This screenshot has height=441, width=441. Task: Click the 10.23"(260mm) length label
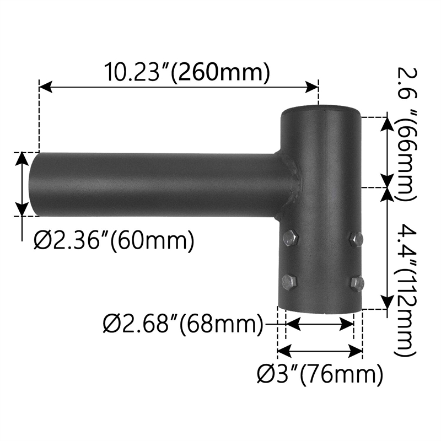tap(187, 72)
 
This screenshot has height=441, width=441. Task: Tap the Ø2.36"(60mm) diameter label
tap(114, 240)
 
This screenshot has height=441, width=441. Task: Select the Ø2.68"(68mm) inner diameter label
tap(183, 324)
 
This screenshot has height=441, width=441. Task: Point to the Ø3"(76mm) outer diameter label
tap(320, 374)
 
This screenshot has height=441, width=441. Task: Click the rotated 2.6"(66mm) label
tap(406, 135)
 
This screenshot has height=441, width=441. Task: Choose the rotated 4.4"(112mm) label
tap(406, 290)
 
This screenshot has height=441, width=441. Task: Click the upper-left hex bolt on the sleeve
tap(291, 239)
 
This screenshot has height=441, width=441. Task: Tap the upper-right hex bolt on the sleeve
tap(356, 239)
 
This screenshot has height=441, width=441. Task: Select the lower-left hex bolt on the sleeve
tap(289, 282)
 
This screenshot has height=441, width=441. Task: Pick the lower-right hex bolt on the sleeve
tap(358, 283)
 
